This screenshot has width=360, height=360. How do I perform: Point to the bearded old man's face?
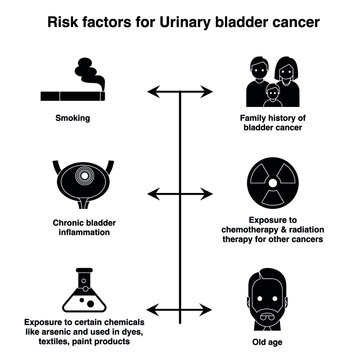click(273, 294)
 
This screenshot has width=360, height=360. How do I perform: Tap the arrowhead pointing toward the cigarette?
click(152, 93)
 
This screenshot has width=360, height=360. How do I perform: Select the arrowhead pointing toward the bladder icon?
click(152, 190)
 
